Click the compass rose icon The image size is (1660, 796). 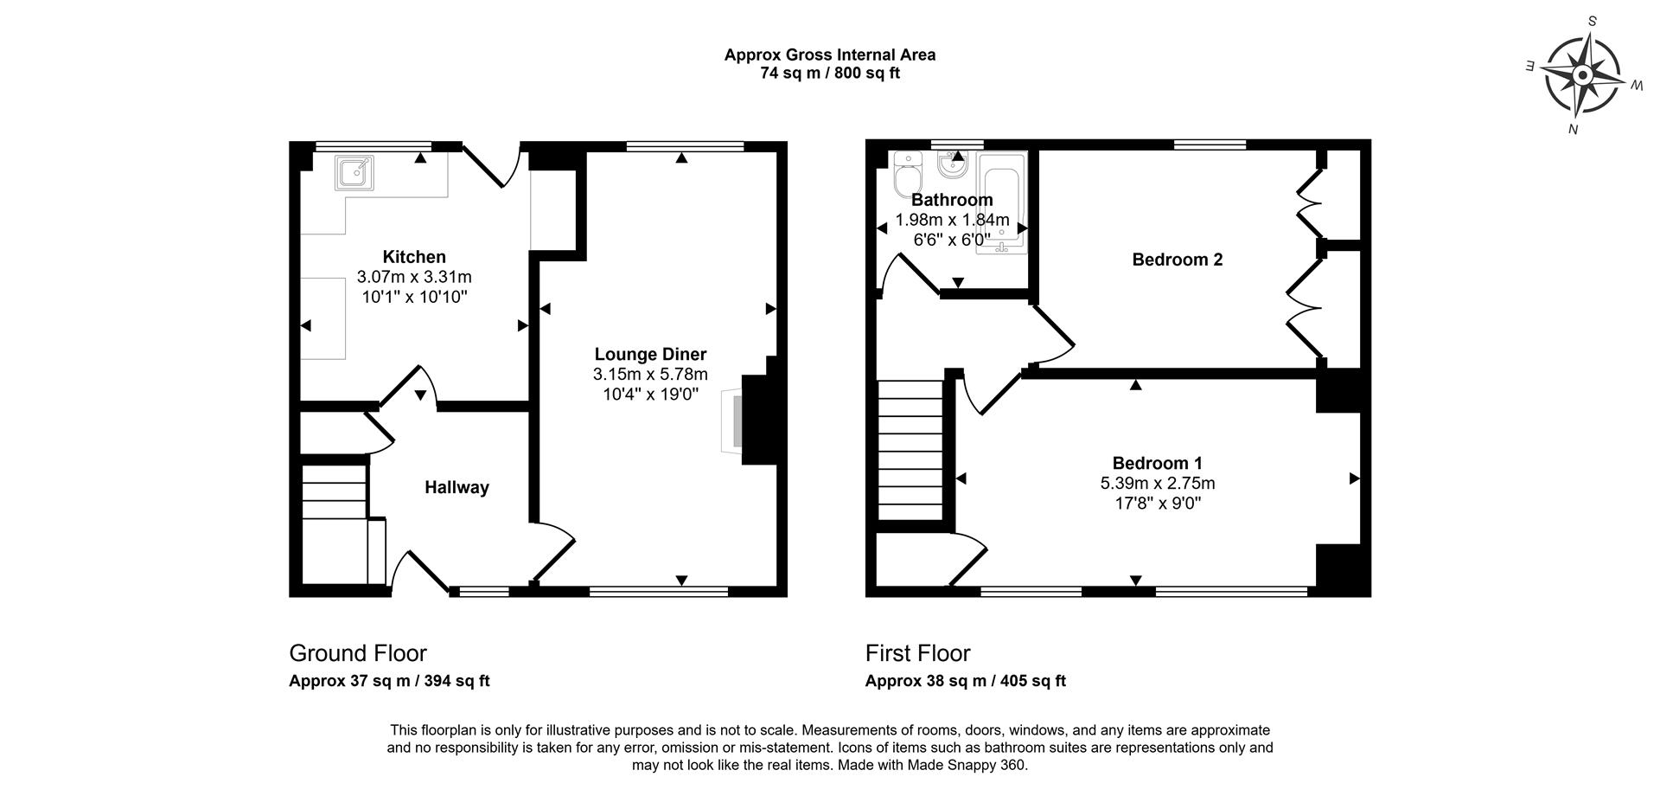[x=1582, y=76]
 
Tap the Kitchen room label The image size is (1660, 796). [x=414, y=257]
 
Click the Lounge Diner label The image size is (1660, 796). [x=650, y=354]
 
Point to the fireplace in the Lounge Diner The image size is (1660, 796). [x=733, y=421]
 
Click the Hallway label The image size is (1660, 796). [x=456, y=487]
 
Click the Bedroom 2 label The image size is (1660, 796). [x=1177, y=260]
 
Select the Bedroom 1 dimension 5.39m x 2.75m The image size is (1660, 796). [x=1157, y=483]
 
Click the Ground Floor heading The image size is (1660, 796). [x=357, y=653]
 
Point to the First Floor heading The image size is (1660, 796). [x=917, y=653]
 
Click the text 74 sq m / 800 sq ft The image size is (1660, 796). [x=829, y=74]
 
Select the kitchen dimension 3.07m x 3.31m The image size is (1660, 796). [x=414, y=277]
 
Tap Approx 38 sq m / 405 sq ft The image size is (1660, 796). [x=965, y=681]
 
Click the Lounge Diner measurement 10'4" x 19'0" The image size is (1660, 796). [x=650, y=395]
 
